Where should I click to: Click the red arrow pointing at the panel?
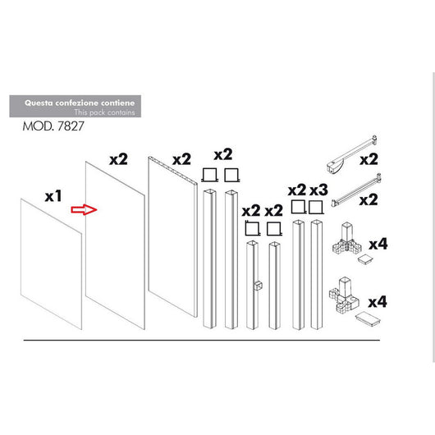coord(84,210)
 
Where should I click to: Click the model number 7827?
coord(71,129)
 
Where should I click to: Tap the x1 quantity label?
coord(54,197)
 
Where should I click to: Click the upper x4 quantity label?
coord(378,244)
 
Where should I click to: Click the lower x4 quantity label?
coord(378,301)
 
